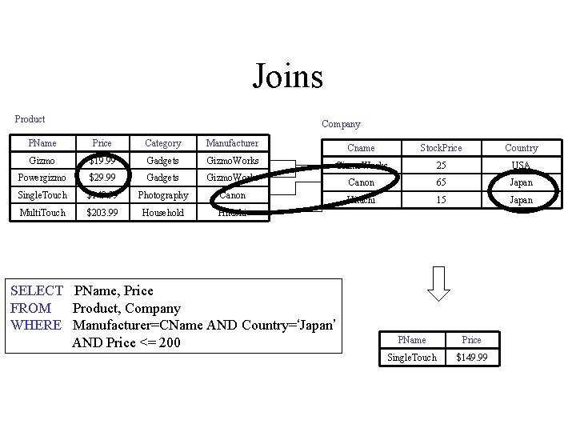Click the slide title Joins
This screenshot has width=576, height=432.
tap(288, 77)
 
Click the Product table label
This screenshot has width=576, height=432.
tap(30, 119)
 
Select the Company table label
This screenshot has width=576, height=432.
tap(341, 124)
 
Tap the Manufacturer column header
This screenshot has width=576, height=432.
tap(232, 143)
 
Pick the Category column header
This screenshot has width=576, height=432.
tap(162, 143)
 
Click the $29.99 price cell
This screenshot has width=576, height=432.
tap(102, 178)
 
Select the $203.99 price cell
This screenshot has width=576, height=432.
tap(102, 212)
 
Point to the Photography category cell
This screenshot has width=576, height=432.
tap(162, 195)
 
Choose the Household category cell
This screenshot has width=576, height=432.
tap(162, 212)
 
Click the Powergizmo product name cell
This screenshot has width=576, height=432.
tap(42, 178)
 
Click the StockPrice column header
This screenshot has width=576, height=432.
tap(441, 148)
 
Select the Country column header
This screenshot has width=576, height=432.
tap(521, 148)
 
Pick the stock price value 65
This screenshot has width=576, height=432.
tap(441, 182)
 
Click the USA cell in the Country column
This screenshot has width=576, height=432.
tap(521, 166)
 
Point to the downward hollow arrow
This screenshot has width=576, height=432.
tap(439, 285)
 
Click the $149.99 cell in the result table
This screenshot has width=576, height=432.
tap(472, 357)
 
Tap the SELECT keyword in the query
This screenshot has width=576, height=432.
tap(37, 290)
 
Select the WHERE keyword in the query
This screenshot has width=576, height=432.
tap(36, 325)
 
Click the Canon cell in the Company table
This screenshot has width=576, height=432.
tap(361, 182)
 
